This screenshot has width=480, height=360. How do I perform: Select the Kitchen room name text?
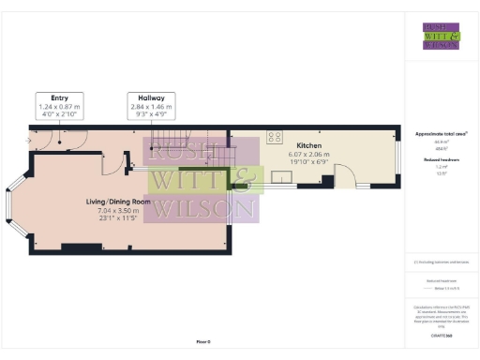pos(309,147)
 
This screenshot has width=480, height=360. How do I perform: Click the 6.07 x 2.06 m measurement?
pos(309,157)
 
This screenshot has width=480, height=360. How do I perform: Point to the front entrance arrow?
pos(28,142)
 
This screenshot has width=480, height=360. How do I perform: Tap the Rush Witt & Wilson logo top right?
pos(440,35)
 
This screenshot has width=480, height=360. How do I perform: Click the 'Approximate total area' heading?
pos(441,134)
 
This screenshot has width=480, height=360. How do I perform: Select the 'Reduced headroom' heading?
pos(440,160)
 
